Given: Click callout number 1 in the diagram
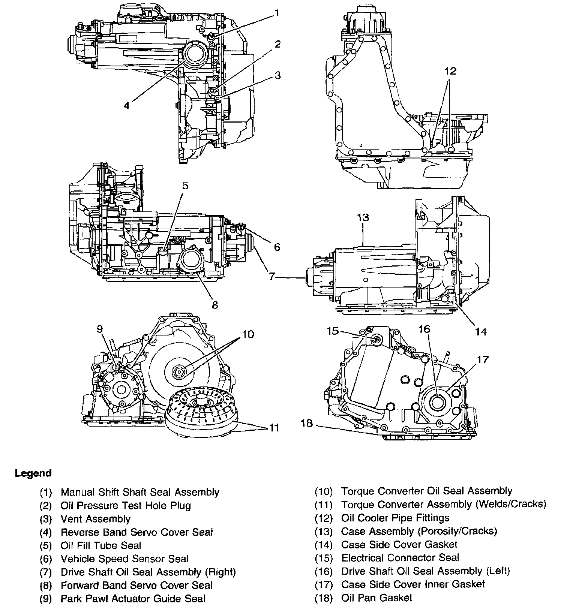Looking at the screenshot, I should (277, 13).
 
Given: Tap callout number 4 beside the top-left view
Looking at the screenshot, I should (127, 106).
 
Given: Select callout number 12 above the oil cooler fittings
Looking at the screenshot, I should (451, 71).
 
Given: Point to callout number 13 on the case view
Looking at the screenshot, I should (363, 217).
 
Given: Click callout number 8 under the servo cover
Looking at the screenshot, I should (214, 305).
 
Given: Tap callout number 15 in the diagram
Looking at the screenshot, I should (332, 331).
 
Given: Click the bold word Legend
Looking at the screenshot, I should (33, 473).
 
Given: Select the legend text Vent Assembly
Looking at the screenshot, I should (95, 519).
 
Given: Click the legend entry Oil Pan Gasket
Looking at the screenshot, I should (376, 598).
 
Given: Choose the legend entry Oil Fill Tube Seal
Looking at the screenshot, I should (101, 545).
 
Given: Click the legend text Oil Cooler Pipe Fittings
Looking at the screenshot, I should (395, 518).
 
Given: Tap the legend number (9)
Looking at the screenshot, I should (45, 599).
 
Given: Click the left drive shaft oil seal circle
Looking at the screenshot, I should (436, 403).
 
